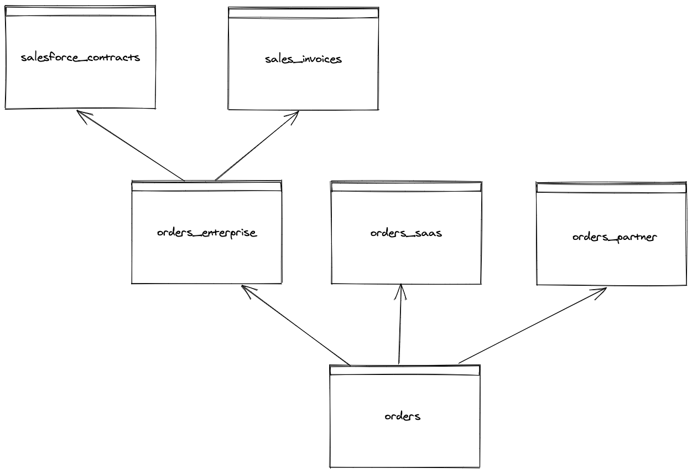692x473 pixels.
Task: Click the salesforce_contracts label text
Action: (80, 58)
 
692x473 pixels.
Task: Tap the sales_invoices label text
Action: (303, 59)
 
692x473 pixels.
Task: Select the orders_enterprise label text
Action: (207, 233)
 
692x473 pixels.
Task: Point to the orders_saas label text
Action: (406, 233)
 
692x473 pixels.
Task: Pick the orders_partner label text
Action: (614, 237)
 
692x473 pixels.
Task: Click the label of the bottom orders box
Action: (403, 416)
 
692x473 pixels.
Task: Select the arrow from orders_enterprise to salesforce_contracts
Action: (131, 146)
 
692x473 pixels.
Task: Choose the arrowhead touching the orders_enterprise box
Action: (246, 289)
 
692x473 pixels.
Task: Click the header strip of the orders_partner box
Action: (611, 188)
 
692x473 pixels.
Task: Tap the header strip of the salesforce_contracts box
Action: (80, 11)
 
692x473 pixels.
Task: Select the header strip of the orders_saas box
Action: (406, 187)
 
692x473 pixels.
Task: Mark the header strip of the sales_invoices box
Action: (303, 13)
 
